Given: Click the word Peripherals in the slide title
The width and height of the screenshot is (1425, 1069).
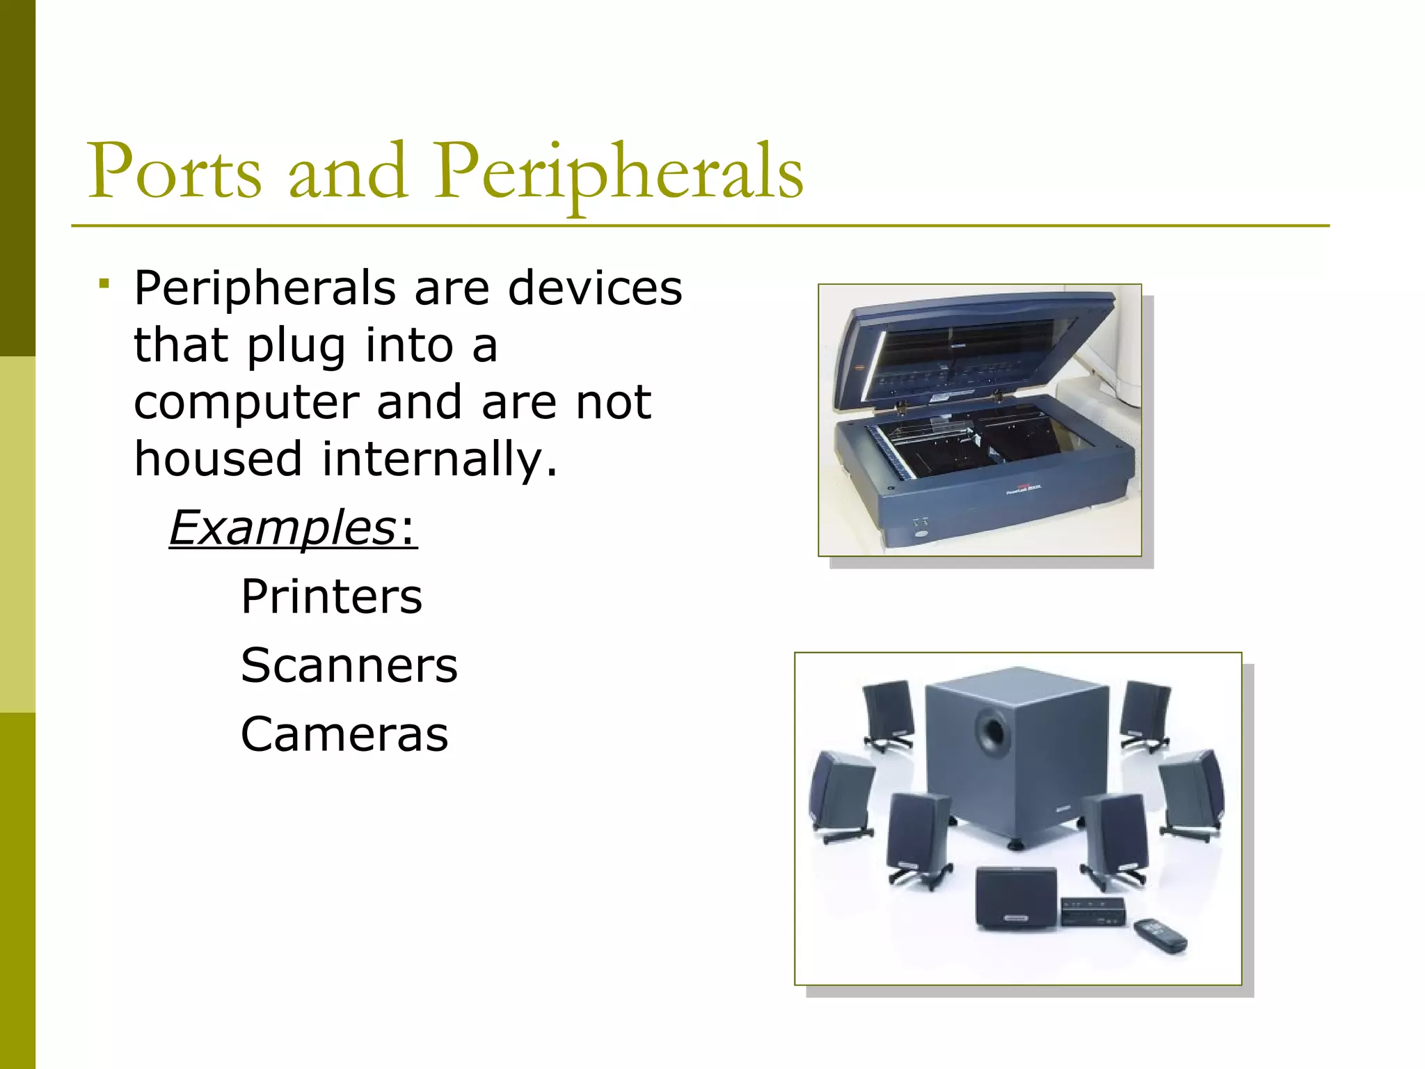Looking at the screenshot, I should point(619,172).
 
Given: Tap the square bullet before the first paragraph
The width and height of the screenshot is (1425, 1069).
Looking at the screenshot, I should point(104,283).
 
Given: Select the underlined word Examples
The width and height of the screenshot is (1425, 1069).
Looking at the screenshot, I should point(282,528).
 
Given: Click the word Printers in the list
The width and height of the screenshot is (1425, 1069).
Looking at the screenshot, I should point(331,597).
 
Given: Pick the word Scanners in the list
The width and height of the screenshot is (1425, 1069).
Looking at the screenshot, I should point(349,665).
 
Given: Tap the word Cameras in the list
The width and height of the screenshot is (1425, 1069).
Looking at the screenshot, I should point(344,735).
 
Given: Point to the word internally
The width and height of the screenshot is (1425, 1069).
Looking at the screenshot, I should point(440,459).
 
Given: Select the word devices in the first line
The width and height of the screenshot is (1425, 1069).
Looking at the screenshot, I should point(595,288).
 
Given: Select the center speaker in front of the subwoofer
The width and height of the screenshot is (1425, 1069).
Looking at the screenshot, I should point(1015,898).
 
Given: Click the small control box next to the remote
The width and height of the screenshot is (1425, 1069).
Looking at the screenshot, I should point(1093,911).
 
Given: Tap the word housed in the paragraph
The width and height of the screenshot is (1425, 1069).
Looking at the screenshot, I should point(218,459).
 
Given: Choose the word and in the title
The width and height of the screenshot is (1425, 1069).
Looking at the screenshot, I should point(347,172).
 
